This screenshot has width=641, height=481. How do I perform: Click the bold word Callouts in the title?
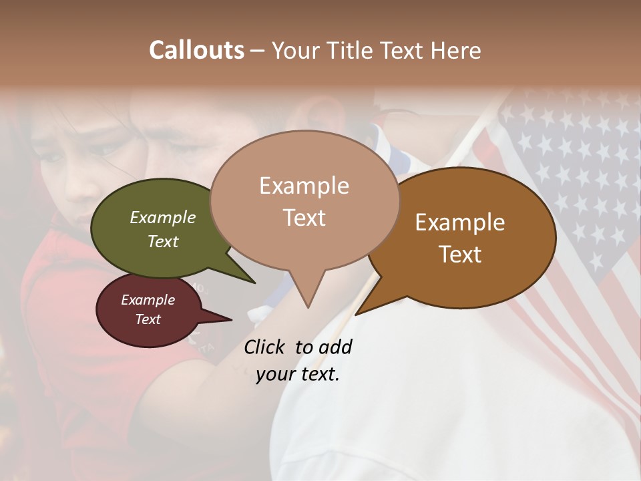click(x=196, y=50)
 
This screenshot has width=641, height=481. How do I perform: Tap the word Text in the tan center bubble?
click(x=304, y=217)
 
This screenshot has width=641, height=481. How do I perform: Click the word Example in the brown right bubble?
click(x=460, y=222)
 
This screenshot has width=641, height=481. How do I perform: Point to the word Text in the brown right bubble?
click(x=460, y=255)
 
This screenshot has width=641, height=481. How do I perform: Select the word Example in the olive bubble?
click(x=162, y=217)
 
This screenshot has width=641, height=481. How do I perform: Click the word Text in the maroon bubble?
click(x=148, y=319)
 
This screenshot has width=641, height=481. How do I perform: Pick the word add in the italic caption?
click(x=335, y=347)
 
